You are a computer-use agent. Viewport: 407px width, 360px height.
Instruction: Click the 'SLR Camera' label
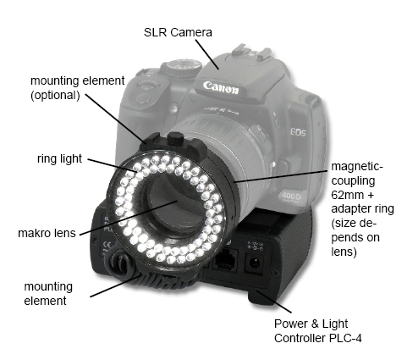click(x=178, y=32)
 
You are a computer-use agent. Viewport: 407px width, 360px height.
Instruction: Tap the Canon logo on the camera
click(x=221, y=87)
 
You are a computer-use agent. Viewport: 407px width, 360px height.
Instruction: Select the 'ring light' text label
click(x=59, y=158)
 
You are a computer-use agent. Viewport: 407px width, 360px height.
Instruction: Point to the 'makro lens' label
click(x=47, y=233)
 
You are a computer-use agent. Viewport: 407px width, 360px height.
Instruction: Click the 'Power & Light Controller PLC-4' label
click(x=318, y=330)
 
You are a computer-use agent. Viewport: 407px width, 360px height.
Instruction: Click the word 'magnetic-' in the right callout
click(x=357, y=166)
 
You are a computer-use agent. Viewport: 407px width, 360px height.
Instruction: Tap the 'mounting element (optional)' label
click(x=77, y=88)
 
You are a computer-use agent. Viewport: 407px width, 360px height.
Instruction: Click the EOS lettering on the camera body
click(x=299, y=132)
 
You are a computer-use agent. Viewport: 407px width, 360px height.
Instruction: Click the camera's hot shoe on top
click(x=250, y=54)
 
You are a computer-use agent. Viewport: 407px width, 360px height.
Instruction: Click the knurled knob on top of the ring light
click(x=175, y=139)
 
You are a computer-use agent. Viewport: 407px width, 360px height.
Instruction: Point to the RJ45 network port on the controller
click(x=225, y=260)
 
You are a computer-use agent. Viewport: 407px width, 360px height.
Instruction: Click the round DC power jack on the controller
click(x=255, y=263)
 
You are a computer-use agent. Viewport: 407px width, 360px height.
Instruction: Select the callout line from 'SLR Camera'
click(x=207, y=54)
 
